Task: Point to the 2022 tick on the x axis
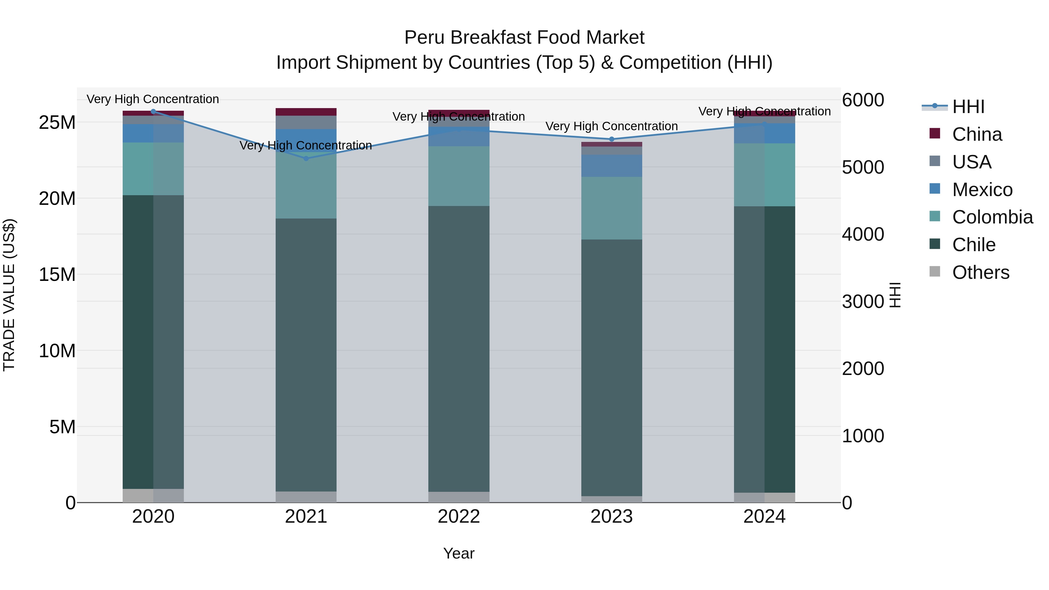pyautogui.click(x=459, y=517)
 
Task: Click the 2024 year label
pyautogui.click(x=764, y=517)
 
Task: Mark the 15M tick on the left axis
pyautogui.click(x=57, y=274)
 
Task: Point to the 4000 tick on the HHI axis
pyautogui.click(x=863, y=235)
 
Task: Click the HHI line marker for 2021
pyautogui.click(x=306, y=158)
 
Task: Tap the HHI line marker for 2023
pyautogui.click(x=611, y=139)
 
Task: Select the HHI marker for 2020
pyautogui.click(x=153, y=111)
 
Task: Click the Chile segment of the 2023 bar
pyautogui.click(x=611, y=367)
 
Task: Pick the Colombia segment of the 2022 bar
pyautogui.click(x=459, y=176)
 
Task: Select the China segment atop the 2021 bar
pyautogui.click(x=306, y=112)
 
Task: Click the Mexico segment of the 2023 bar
pyautogui.click(x=611, y=165)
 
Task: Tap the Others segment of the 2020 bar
pyautogui.click(x=153, y=496)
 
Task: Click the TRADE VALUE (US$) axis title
pyautogui.click(x=9, y=295)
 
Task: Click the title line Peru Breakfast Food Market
pyautogui.click(x=524, y=38)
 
